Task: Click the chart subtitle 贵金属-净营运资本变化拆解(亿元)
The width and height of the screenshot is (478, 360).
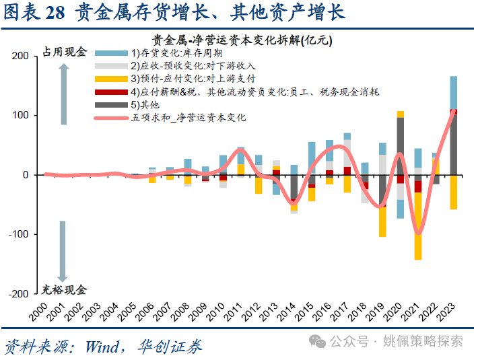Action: point(240,40)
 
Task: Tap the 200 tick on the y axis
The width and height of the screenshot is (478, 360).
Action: point(20,57)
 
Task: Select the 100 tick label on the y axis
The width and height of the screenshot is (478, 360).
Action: point(20,116)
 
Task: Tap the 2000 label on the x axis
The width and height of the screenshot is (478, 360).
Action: point(41,310)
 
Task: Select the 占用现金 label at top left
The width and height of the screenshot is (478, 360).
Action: point(64,52)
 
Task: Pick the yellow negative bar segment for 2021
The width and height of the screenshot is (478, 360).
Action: point(418,225)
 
